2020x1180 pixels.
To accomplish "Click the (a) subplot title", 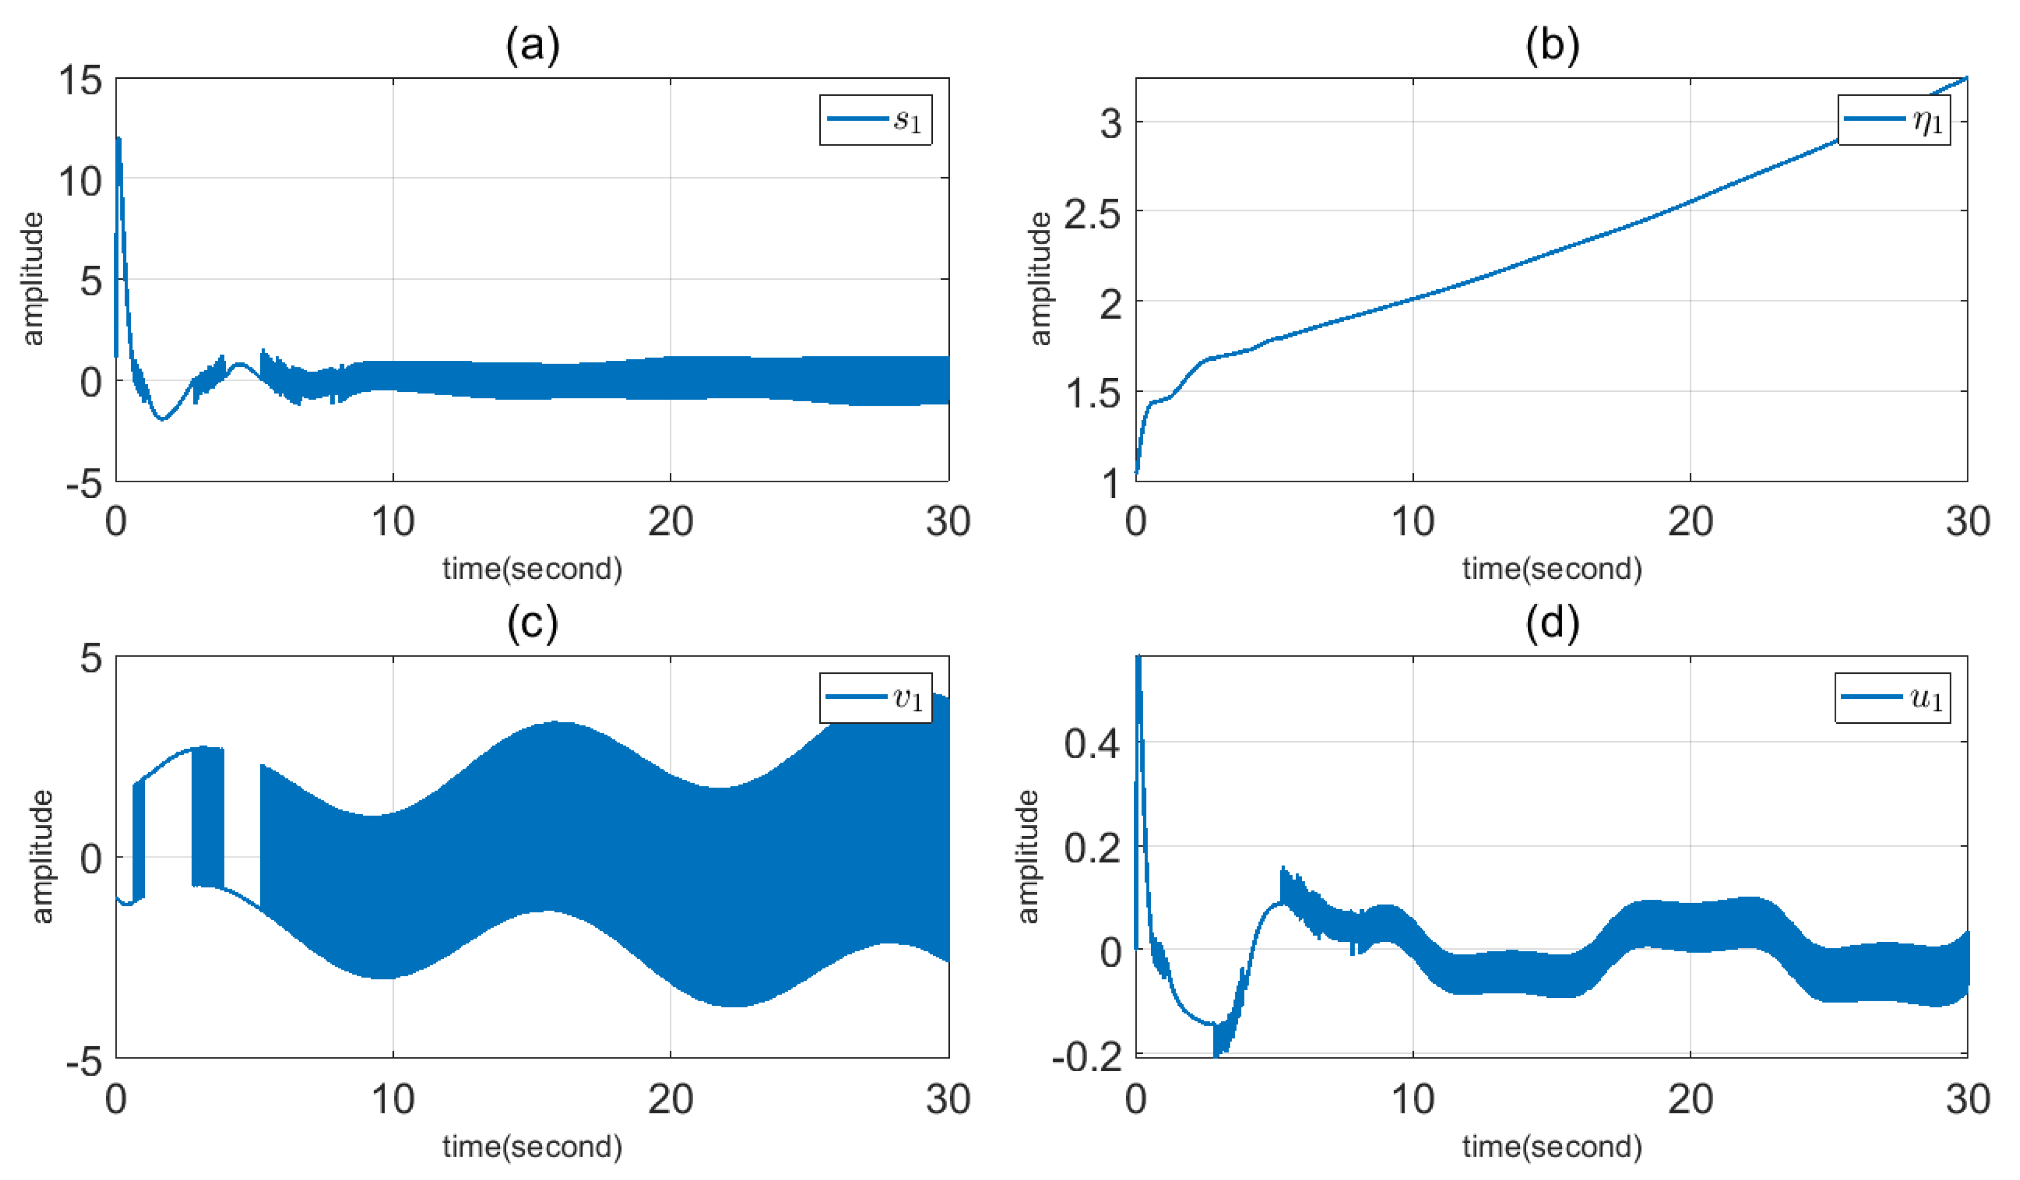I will (x=532, y=46).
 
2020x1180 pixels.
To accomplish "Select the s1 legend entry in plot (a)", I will (x=875, y=120).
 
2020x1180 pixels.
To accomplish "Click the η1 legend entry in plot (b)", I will (x=1893, y=120).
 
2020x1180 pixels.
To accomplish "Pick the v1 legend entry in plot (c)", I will (x=875, y=698).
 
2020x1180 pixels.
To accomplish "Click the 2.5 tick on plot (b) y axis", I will (x=1091, y=213).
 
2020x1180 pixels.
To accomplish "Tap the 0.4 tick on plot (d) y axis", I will (x=1091, y=743).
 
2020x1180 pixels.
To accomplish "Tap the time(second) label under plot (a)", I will (x=532, y=568).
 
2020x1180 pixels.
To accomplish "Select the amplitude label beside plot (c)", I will (x=42, y=856).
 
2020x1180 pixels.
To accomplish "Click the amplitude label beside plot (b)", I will (x=1039, y=279).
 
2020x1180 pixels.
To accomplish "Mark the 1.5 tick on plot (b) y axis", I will (x=1091, y=394).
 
